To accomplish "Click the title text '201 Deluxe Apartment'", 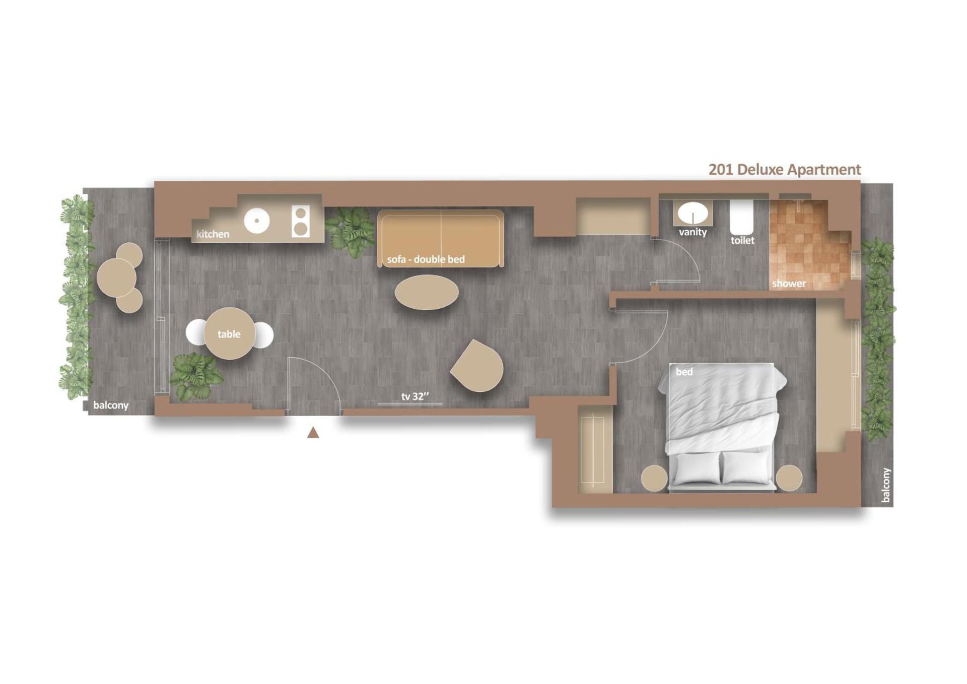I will pos(784,170).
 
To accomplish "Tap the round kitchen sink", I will pos(257,221).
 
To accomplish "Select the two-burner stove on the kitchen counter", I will pos(301,222).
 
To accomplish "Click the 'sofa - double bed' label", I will pos(426,259).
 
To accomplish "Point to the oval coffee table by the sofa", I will pos(427,292).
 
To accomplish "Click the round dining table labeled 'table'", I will pos(229,333).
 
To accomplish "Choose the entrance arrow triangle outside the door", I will pos(313,433).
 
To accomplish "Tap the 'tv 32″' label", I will pos(415,396).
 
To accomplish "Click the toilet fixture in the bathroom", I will pos(741,218).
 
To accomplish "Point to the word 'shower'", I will pos(789,284).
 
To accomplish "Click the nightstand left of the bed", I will pos(654,478).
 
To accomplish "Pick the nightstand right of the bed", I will pos(789,477).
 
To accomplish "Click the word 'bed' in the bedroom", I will pos(684,372).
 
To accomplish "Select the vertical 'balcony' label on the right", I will pos(886,485).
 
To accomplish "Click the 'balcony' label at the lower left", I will pos(111,405).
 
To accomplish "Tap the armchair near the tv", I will pos(478,366).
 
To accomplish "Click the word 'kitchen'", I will pos(213,234).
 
